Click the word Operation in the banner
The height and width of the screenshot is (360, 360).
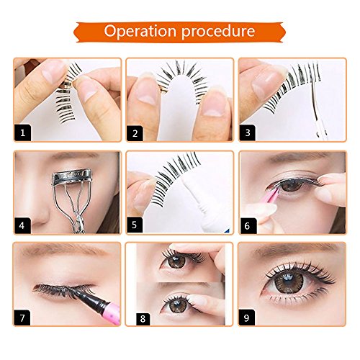pyautogui.click(x=140, y=31)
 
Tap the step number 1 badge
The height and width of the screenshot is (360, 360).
pyautogui.click(x=23, y=132)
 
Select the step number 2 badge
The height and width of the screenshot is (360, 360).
pyautogui.click(x=135, y=133)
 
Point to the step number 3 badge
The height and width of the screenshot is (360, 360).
pyautogui.click(x=248, y=132)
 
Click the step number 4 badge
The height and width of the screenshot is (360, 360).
pyautogui.click(x=22, y=225)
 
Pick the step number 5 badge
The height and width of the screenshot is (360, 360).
pyautogui.click(x=135, y=225)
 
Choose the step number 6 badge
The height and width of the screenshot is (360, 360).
pyautogui.click(x=247, y=226)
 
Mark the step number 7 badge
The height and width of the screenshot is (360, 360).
pyautogui.click(x=22, y=318)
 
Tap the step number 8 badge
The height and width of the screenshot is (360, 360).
pyautogui.click(x=143, y=319)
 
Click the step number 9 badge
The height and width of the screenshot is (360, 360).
pyautogui.click(x=246, y=318)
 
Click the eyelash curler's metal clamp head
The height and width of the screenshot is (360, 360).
pyautogui.click(x=71, y=177)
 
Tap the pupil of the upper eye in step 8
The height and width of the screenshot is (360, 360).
pyautogui.click(x=176, y=261)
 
